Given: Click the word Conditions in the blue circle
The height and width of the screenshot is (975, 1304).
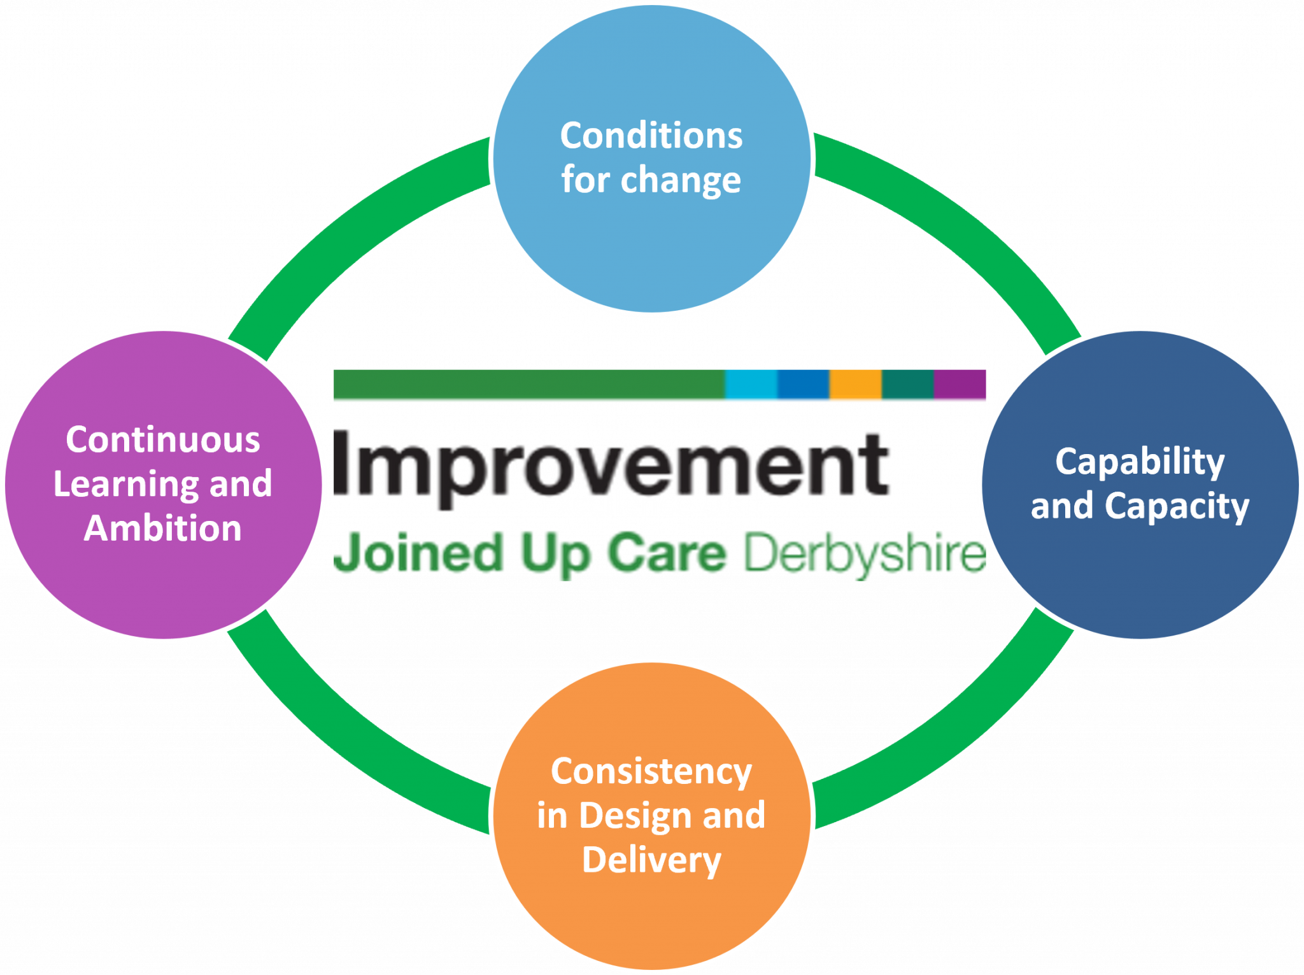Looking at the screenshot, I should (651, 136).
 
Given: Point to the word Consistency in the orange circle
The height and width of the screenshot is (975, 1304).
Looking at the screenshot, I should (651, 772).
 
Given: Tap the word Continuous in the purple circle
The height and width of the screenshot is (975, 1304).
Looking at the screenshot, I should (163, 440).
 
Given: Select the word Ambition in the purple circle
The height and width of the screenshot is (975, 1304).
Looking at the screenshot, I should (163, 529).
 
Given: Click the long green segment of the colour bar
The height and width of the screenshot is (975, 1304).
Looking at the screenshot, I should (528, 386).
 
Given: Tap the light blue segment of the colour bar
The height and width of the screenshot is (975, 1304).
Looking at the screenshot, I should (751, 386).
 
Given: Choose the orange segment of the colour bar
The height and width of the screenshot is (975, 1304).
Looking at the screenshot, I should (855, 386).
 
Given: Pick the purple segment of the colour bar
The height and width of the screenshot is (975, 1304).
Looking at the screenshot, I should (960, 386).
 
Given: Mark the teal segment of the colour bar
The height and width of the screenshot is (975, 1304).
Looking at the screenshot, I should (907, 386).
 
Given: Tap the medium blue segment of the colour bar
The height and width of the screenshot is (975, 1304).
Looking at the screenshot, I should (803, 386).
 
